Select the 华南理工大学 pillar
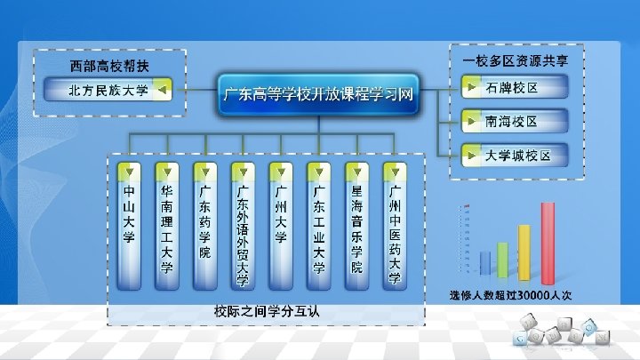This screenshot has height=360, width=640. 166,227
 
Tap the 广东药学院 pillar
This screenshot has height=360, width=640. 204,227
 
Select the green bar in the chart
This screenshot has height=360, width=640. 503,260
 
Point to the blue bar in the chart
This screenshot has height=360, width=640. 485,264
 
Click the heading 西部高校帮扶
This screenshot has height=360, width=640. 109,65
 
